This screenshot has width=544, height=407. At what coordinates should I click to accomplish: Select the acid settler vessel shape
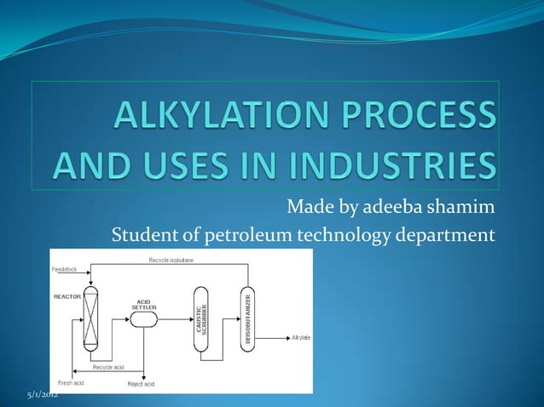point(143,318)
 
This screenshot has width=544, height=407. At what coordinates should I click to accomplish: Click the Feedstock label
point(63,268)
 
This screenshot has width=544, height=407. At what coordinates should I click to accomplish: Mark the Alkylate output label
point(300,338)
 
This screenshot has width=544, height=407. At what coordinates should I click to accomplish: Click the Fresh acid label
point(70,384)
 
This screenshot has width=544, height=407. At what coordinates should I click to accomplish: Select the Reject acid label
point(141,384)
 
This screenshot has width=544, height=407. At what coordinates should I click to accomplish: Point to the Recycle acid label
point(109,366)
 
